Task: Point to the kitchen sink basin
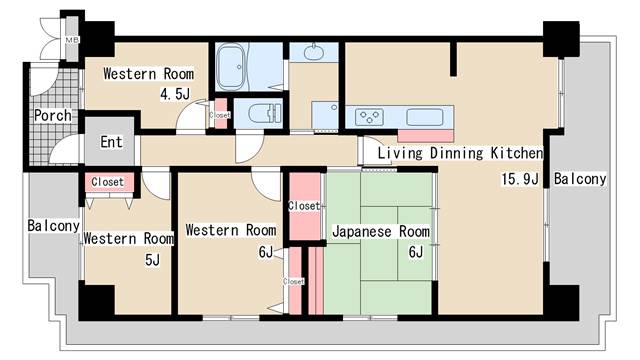pos(425,116)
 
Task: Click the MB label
pos(71,40)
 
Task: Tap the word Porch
pos(52,115)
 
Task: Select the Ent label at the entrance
pos(111,141)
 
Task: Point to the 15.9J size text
pos(520,180)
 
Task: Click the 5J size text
pos(152,259)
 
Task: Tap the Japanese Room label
pos(380,231)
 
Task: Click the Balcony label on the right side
pos(580,179)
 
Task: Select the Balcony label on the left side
pos(53,226)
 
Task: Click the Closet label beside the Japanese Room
pos(303,206)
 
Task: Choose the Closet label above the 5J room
pos(107,182)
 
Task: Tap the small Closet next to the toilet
pos(220,115)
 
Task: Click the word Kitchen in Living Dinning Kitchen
pos(515,153)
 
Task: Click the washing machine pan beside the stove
pos(327,115)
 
